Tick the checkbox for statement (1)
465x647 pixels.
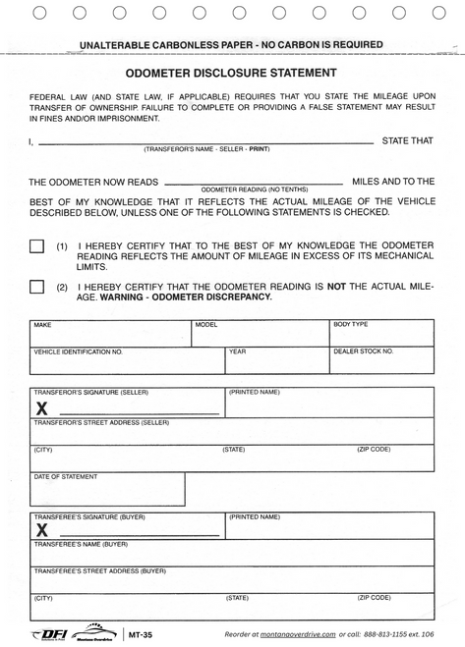[37, 246]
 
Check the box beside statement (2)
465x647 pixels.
[37, 287]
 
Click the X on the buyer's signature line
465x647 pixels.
[42, 530]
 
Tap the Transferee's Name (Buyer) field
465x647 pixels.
[232, 553]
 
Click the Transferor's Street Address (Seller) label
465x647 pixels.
[102, 423]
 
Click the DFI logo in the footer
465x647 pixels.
[49, 634]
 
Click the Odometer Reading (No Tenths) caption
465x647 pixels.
[255, 189]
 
